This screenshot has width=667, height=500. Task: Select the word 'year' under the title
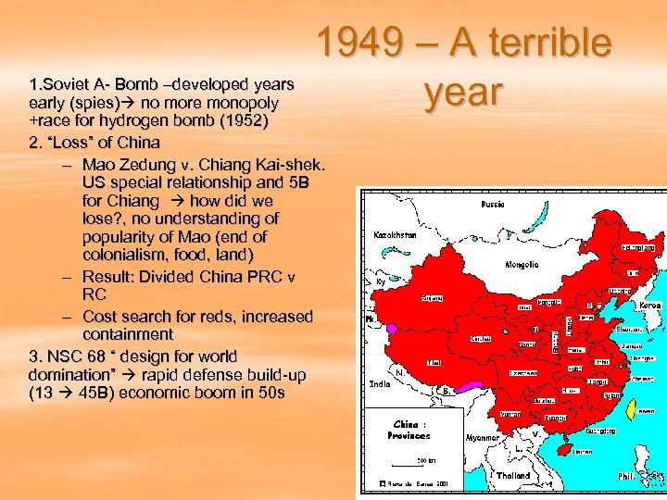click(463, 93)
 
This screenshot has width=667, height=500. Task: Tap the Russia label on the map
click(494, 204)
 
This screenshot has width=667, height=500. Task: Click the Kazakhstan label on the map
click(395, 235)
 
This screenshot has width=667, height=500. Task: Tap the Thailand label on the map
click(512, 476)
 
